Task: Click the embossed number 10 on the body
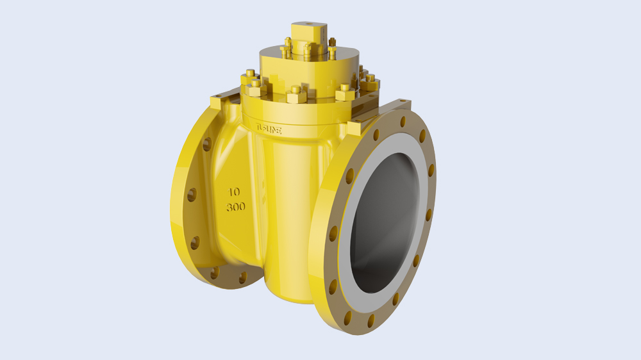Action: click(234, 192)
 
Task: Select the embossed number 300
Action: click(235, 208)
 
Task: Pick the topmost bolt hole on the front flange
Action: click(403, 122)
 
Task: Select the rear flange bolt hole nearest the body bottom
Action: click(242, 277)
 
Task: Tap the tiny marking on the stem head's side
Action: click(318, 36)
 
